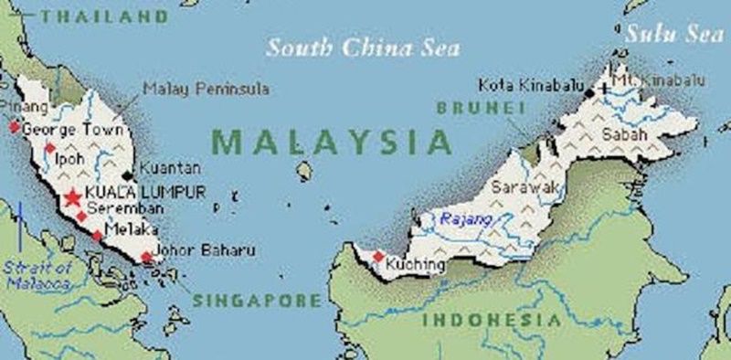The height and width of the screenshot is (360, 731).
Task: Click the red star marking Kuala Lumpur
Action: coord(72,197)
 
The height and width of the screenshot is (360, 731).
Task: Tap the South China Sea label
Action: coord(363,48)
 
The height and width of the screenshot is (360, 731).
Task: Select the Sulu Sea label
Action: coord(673,34)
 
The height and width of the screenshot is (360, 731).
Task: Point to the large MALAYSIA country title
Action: coord(332,143)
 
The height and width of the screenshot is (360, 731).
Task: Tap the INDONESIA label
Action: coord(492,320)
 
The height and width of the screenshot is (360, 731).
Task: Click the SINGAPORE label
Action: coord(257,300)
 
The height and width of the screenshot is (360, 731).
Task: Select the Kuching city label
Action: coord(416,265)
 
